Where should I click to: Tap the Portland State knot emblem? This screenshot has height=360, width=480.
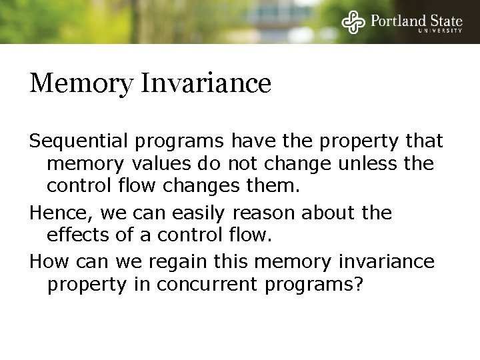point(353,21)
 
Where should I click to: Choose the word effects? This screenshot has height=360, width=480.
point(80,235)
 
